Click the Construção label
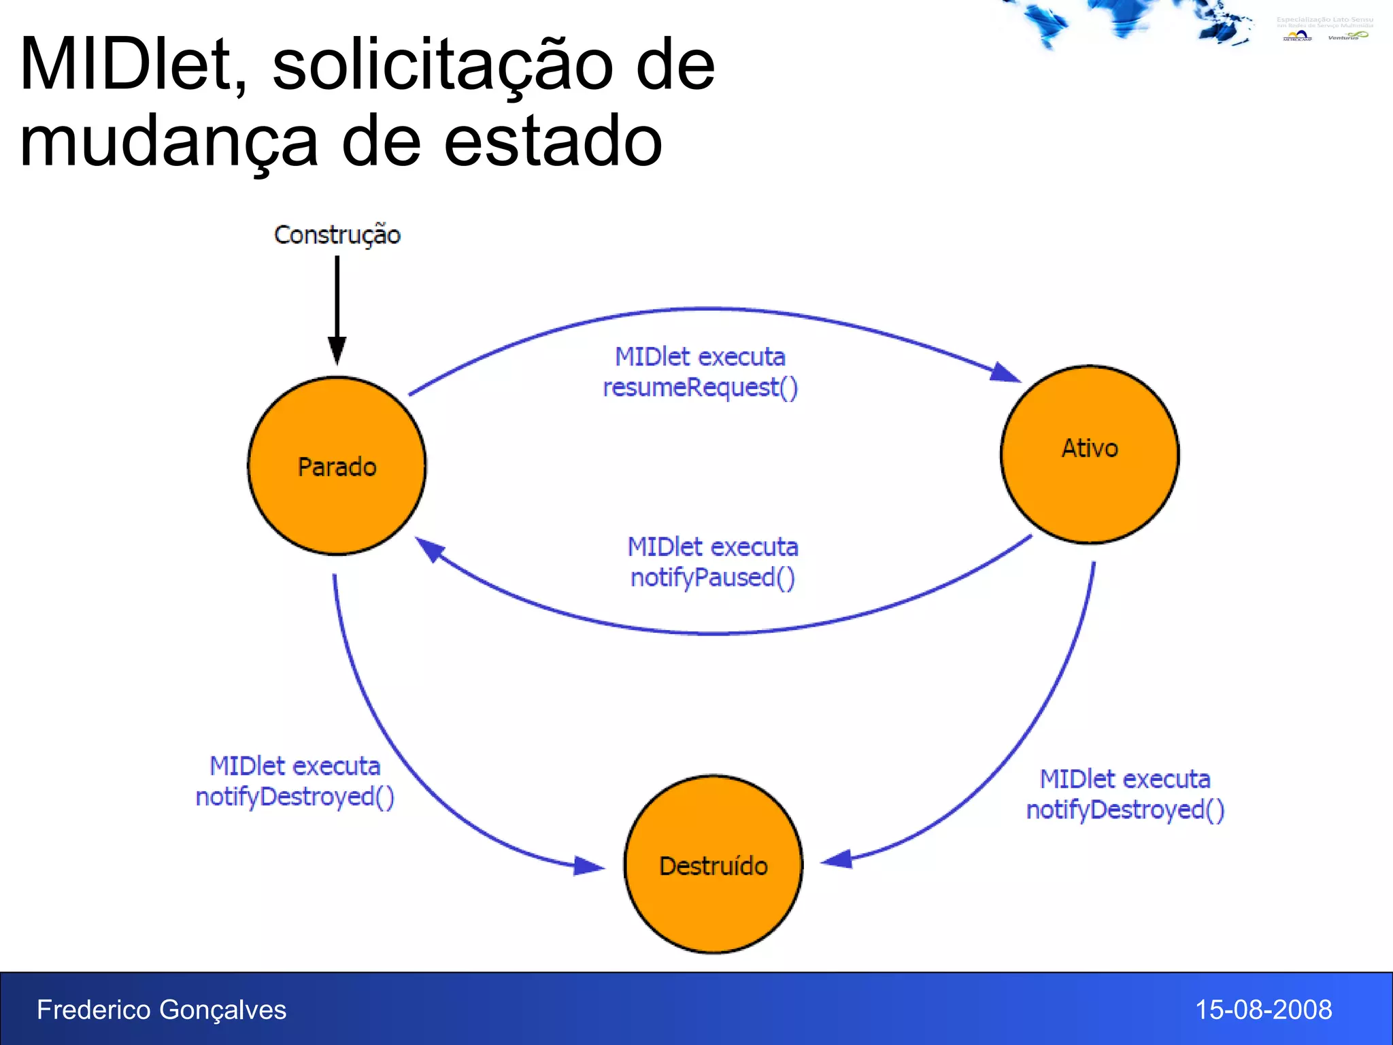tap(337, 235)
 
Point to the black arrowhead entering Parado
tap(337, 351)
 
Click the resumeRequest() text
tap(701, 388)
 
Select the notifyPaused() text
tap(713, 578)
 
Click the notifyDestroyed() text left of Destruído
tap(295, 797)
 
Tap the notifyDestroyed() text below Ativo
tap(1125, 810)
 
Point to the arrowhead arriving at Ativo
tap(1005, 373)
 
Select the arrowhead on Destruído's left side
tap(588, 865)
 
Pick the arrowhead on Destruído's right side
tap(837, 860)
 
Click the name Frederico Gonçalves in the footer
tap(161, 1010)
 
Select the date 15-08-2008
tap(1263, 1010)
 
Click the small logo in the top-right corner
tap(1324, 29)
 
